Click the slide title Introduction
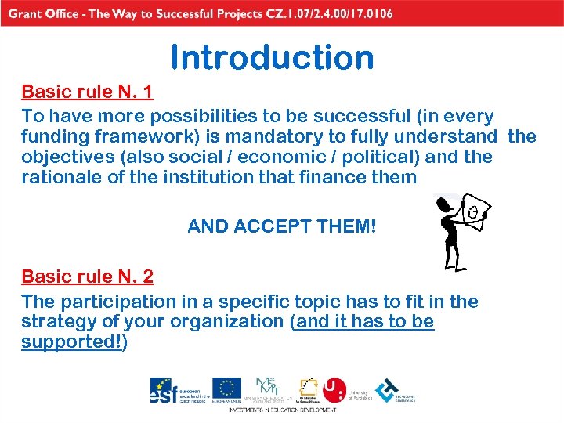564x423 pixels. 272,58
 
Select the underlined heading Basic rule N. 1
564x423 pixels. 87,93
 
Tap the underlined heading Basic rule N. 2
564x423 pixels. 87,277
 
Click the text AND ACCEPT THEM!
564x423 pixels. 282,227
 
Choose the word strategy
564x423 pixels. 55,322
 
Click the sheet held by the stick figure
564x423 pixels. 472,209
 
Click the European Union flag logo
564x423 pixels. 227,389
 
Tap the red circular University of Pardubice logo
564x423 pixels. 334,389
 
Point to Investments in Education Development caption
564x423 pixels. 282,410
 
